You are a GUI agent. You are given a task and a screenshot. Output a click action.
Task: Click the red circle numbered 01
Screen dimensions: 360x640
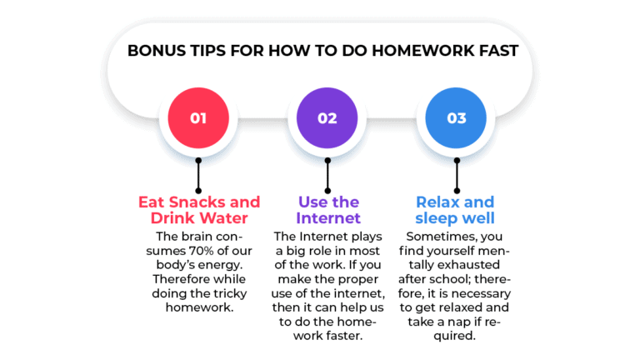pyautogui.click(x=198, y=117)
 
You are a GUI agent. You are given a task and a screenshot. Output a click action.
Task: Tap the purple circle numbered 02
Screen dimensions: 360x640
pyautogui.click(x=327, y=117)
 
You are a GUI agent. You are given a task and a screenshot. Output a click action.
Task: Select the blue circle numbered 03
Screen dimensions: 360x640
pyautogui.click(x=457, y=117)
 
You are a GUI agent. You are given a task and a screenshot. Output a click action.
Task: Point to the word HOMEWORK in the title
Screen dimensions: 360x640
pyautogui.click(x=407, y=51)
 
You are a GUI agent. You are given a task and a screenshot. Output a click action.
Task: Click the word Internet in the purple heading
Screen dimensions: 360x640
pyautogui.click(x=328, y=218)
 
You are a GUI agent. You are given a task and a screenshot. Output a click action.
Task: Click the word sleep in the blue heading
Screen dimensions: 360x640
pyautogui.click(x=440, y=218)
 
